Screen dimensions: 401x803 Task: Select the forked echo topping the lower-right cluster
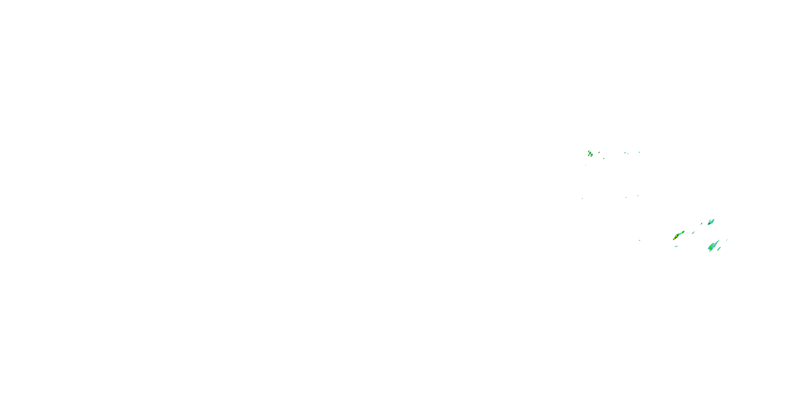(x=711, y=222)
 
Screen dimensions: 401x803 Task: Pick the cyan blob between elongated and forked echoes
(x=693, y=233)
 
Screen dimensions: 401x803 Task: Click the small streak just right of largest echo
(x=719, y=248)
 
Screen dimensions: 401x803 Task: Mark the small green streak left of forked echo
(x=702, y=223)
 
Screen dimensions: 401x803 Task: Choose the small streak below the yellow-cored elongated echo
(x=676, y=246)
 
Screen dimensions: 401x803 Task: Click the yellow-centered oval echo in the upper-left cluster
(x=591, y=155)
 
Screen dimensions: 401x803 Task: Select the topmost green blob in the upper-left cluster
(x=589, y=152)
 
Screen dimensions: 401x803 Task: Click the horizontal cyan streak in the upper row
(x=625, y=153)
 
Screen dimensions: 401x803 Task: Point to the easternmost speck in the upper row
(x=639, y=152)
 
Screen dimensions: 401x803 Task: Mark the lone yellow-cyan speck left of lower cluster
(x=640, y=240)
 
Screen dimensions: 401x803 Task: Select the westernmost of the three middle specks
(x=582, y=199)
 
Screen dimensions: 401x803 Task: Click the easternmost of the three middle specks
(x=638, y=196)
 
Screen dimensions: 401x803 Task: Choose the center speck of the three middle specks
(x=626, y=197)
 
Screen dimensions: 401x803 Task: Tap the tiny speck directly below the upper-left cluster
(x=585, y=165)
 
